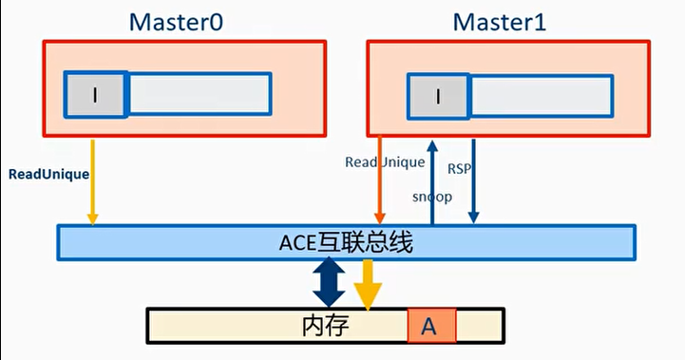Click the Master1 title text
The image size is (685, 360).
pyautogui.click(x=500, y=21)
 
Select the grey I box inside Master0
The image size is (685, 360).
pyautogui.click(x=95, y=94)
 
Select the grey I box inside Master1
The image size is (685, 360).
pyautogui.click(x=437, y=96)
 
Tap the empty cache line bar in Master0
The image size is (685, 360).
pyautogui.click(x=200, y=94)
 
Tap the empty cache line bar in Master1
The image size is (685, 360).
pyautogui.click(x=540, y=96)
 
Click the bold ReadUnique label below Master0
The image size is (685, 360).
pyautogui.click(x=48, y=175)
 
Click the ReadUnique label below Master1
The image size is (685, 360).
pyautogui.click(x=384, y=162)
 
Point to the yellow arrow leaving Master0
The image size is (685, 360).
pyautogui.click(x=92, y=180)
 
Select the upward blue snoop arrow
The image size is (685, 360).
pyautogui.click(x=432, y=180)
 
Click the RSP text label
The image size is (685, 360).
pyautogui.click(x=459, y=168)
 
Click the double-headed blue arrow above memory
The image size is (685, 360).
pyautogui.click(x=329, y=282)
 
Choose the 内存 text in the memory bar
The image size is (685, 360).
pyautogui.click(x=326, y=326)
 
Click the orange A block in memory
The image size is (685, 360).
pyautogui.click(x=431, y=326)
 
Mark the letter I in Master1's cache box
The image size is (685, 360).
pyautogui.click(x=437, y=96)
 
